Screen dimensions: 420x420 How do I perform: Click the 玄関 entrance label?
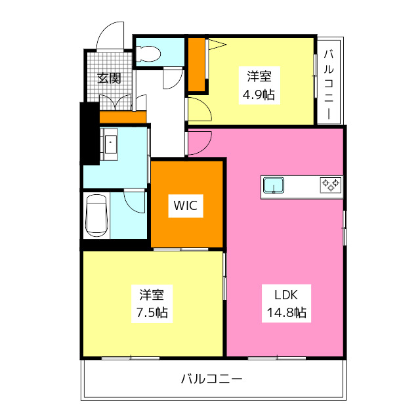pos(109,78)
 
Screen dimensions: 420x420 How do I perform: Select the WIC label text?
pos(186,205)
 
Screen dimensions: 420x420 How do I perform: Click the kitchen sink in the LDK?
pos(274,186)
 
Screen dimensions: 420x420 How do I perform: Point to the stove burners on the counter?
pos(330,186)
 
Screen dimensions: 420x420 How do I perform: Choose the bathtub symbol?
pos(96,215)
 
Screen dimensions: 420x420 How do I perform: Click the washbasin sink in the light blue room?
pos(110,142)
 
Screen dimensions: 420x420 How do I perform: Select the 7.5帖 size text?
pos(152,312)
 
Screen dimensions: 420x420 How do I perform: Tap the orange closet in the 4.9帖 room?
pos(196,64)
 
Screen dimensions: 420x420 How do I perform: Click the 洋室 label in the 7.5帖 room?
pos(152,293)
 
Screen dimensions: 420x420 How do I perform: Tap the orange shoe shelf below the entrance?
pos(122,117)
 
